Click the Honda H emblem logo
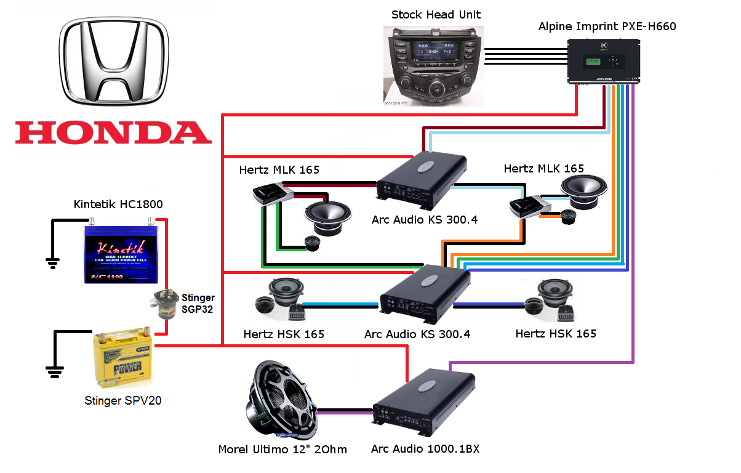click(114, 62)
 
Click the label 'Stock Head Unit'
click(436, 14)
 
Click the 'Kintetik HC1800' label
click(118, 204)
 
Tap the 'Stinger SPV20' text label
click(123, 401)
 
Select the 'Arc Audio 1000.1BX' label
click(425, 449)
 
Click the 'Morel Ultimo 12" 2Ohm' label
click(282, 450)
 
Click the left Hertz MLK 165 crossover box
click(271, 194)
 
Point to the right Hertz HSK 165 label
click(556, 334)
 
